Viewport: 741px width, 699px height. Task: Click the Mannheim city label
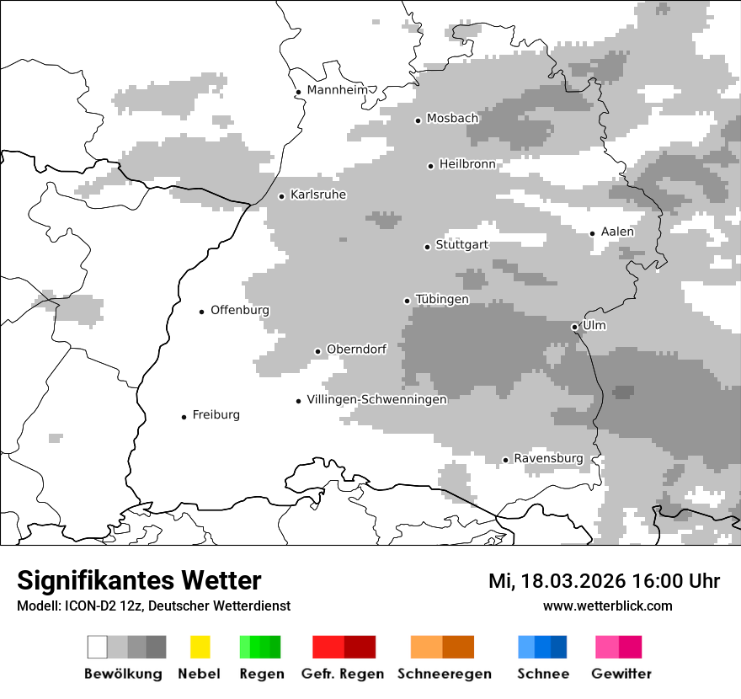[x=339, y=90]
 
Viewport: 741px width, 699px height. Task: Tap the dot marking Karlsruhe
[x=282, y=196]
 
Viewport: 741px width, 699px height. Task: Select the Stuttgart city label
[x=461, y=245]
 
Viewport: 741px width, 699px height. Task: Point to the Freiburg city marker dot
[x=184, y=417]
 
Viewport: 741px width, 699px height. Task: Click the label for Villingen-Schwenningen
[x=376, y=399]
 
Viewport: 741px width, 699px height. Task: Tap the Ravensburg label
[x=548, y=458]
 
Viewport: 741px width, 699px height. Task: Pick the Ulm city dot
[x=574, y=327]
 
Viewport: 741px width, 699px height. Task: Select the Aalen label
[x=617, y=232]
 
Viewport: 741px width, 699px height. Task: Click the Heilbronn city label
[x=467, y=164]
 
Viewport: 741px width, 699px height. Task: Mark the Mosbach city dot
[x=418, y=120]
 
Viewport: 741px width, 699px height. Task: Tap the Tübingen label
[x=442, y=299]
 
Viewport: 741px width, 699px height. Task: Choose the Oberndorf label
[x=356, y=349]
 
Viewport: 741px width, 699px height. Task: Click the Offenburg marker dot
[x=202, y=312]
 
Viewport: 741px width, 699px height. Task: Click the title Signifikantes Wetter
[x=139, y=580]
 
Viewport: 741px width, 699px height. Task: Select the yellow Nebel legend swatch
[x=200, y=647]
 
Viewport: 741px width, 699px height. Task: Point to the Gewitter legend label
[x=621, y=674]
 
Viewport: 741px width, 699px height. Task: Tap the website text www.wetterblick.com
[x=607, y=606]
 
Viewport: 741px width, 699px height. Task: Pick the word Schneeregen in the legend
[x=444, y=674]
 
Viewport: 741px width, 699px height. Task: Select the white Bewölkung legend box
[x=98, y=647]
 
